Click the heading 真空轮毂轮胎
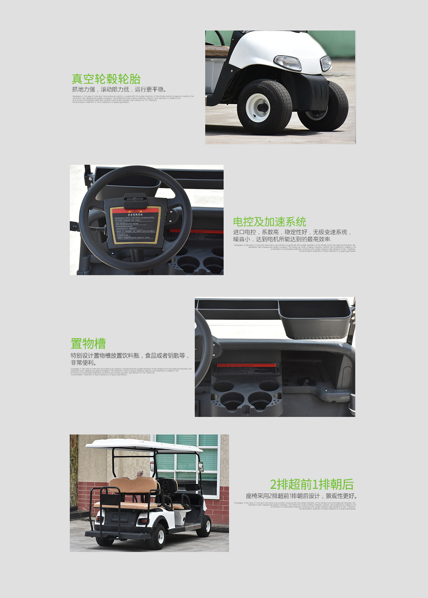coord(106,79)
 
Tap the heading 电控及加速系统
coord(270,222)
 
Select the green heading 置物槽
coord(88,343)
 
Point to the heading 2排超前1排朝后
coord(312,484)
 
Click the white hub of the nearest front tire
coord(257,107)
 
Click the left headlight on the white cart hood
coord(288,63)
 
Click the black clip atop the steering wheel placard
coord(135,199)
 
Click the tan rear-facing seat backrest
coord(134,486)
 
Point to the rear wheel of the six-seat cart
coord(157,537)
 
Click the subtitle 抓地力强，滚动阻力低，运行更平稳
coord(119,89)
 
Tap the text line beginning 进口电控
coord(292,232)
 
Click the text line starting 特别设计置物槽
coord(130,355)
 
